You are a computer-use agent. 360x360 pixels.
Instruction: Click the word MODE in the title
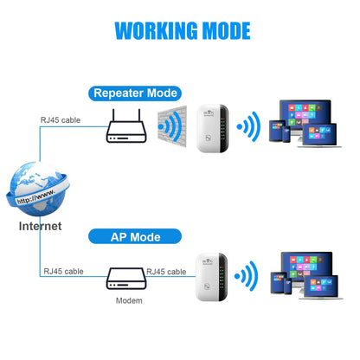222,30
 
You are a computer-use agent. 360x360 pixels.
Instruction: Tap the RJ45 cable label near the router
60,120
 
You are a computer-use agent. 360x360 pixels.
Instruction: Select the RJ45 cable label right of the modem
165,272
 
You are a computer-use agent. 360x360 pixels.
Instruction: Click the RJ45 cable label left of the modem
63,272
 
